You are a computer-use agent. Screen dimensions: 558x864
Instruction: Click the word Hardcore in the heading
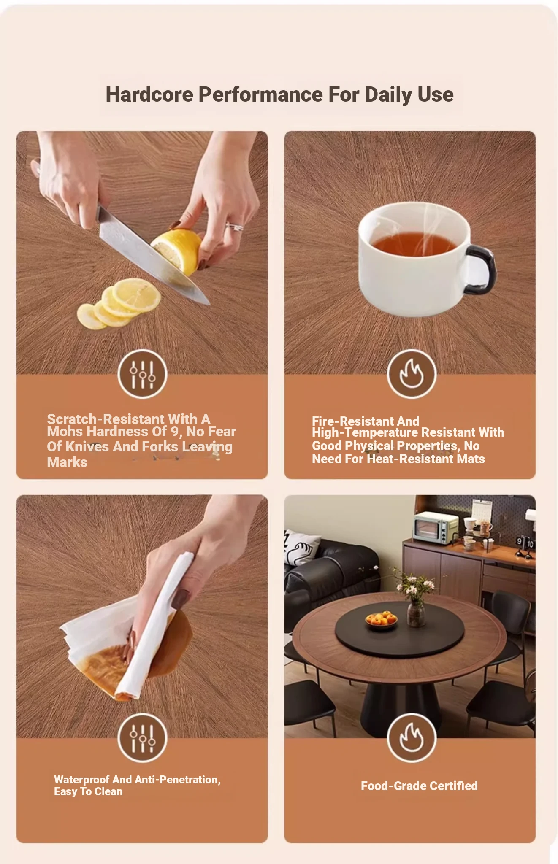[x=149, y=94]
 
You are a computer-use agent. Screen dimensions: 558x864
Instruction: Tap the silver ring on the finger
[x=235, y=227]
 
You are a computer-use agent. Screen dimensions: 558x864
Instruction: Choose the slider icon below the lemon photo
[x=143, y=374]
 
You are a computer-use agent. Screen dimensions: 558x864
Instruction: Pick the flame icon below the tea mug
[x=412, y=374]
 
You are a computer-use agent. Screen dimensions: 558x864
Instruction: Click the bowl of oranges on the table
[x=381, y=621]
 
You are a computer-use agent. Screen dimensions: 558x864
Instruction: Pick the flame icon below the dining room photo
[x=412, y=738]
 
